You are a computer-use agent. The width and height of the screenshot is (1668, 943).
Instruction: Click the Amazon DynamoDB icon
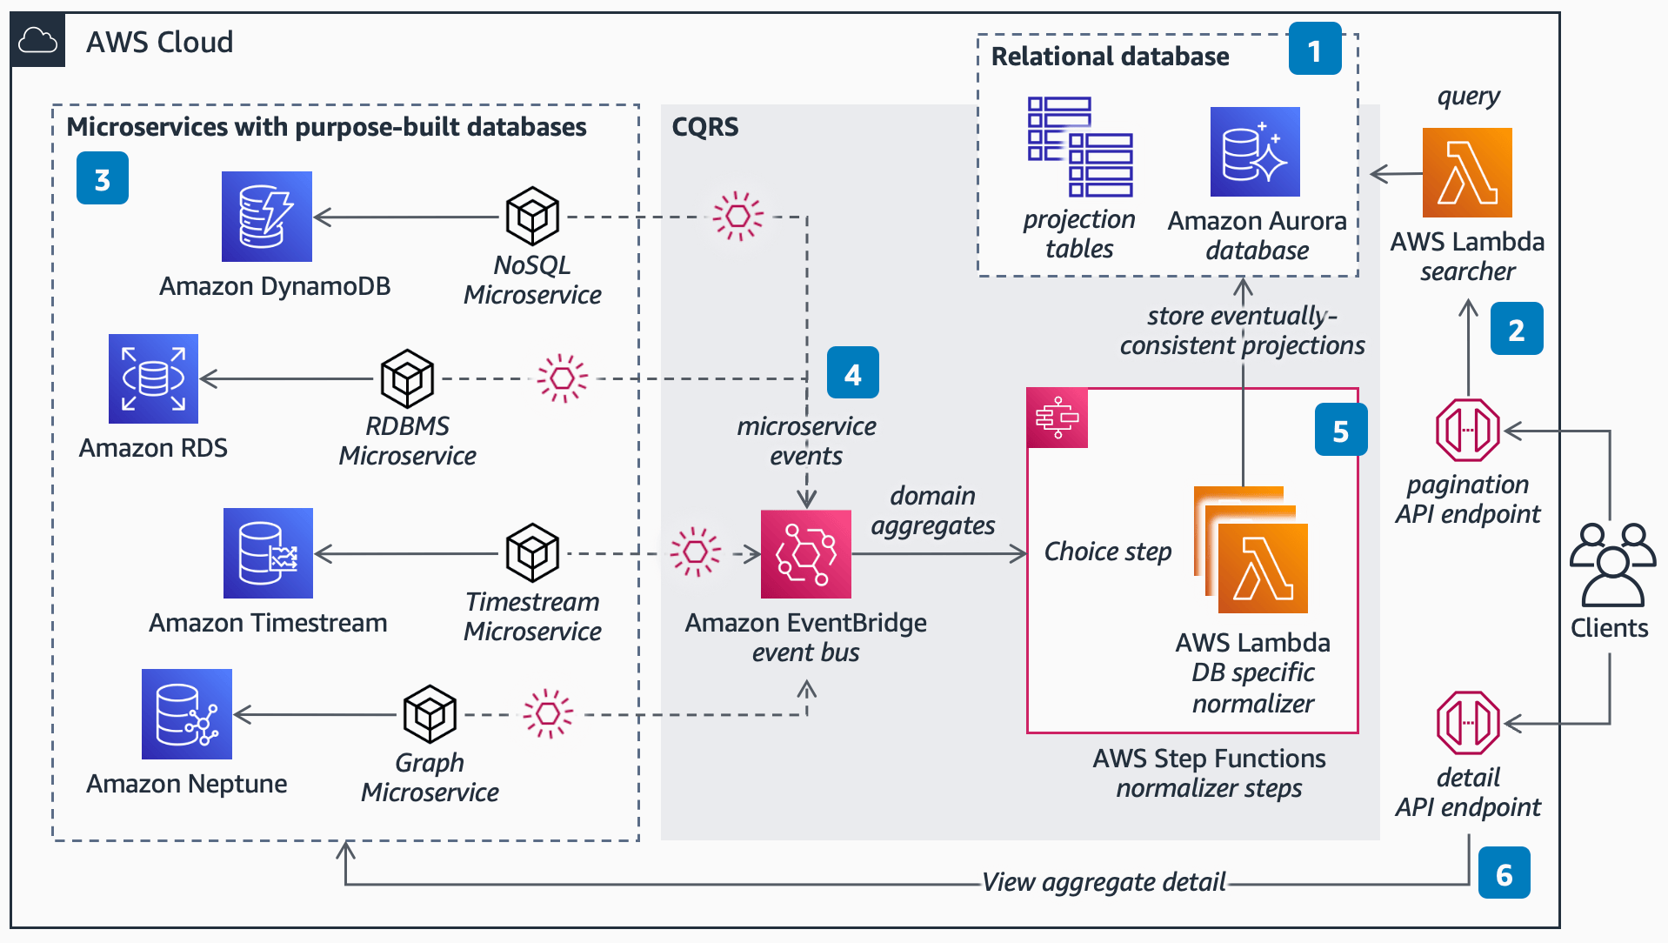[x=266, y=217]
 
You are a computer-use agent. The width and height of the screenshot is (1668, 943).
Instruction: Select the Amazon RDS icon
[x=153, y=378]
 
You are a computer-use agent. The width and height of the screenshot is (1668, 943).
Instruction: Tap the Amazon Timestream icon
[x=268, y=553]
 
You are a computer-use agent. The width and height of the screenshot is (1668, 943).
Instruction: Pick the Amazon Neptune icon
[x=187, y=714]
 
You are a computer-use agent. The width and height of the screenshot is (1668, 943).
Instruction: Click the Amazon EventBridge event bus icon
[x=805, y=554]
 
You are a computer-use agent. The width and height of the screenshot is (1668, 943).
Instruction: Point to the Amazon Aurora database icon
[x=1254, y=152]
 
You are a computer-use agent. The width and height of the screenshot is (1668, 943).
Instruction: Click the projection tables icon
[x=1079, y=147]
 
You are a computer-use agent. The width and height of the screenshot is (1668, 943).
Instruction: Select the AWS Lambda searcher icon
[x=1466, y=172]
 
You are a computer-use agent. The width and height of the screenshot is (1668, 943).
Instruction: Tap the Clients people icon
[x=1611, y=565]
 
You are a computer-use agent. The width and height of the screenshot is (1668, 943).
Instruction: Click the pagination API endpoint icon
[x=1467, y=430]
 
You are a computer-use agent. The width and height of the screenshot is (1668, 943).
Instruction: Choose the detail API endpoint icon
[x=1467, y=723]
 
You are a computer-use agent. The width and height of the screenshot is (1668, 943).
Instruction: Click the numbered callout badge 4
[x=852, y=373]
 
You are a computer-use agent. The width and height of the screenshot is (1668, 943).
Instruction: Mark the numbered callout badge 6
[x=1504, y=873]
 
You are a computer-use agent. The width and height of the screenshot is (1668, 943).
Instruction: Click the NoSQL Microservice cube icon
[x=532, y=216]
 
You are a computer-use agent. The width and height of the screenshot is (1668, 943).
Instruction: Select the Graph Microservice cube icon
[x=430, y=714]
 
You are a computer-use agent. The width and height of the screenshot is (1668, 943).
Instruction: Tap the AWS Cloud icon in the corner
[x=38, y=41]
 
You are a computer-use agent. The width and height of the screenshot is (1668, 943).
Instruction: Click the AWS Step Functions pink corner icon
[x=1057, y=418]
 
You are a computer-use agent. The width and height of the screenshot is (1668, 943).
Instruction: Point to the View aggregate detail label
[x=1103, y=882]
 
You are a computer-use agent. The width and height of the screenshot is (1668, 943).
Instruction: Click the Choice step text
[x=1107, y=552]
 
